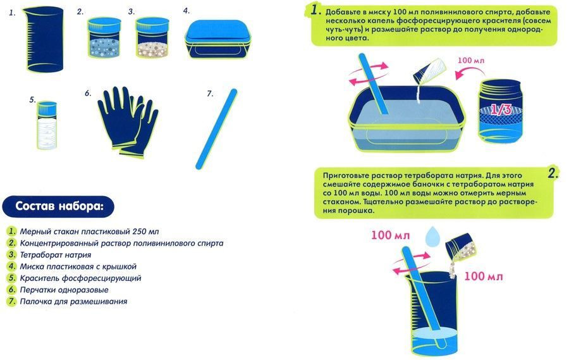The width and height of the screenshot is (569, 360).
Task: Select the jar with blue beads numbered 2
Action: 104,37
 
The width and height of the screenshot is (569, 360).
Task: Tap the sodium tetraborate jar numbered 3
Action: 152,37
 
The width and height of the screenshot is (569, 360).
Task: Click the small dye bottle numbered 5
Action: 47,125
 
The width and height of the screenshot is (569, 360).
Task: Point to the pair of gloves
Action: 128,121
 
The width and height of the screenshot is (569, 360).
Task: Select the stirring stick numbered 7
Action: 216,129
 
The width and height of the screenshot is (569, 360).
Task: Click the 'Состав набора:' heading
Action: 59,206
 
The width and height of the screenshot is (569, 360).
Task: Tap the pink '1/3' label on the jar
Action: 501,109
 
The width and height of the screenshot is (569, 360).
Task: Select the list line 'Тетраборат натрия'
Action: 56,254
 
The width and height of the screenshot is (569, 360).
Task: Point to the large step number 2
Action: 553,173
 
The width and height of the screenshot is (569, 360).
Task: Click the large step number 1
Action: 315,10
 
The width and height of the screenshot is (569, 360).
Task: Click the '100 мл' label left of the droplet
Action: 390,235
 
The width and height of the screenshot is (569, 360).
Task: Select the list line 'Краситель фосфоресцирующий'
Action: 80,278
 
